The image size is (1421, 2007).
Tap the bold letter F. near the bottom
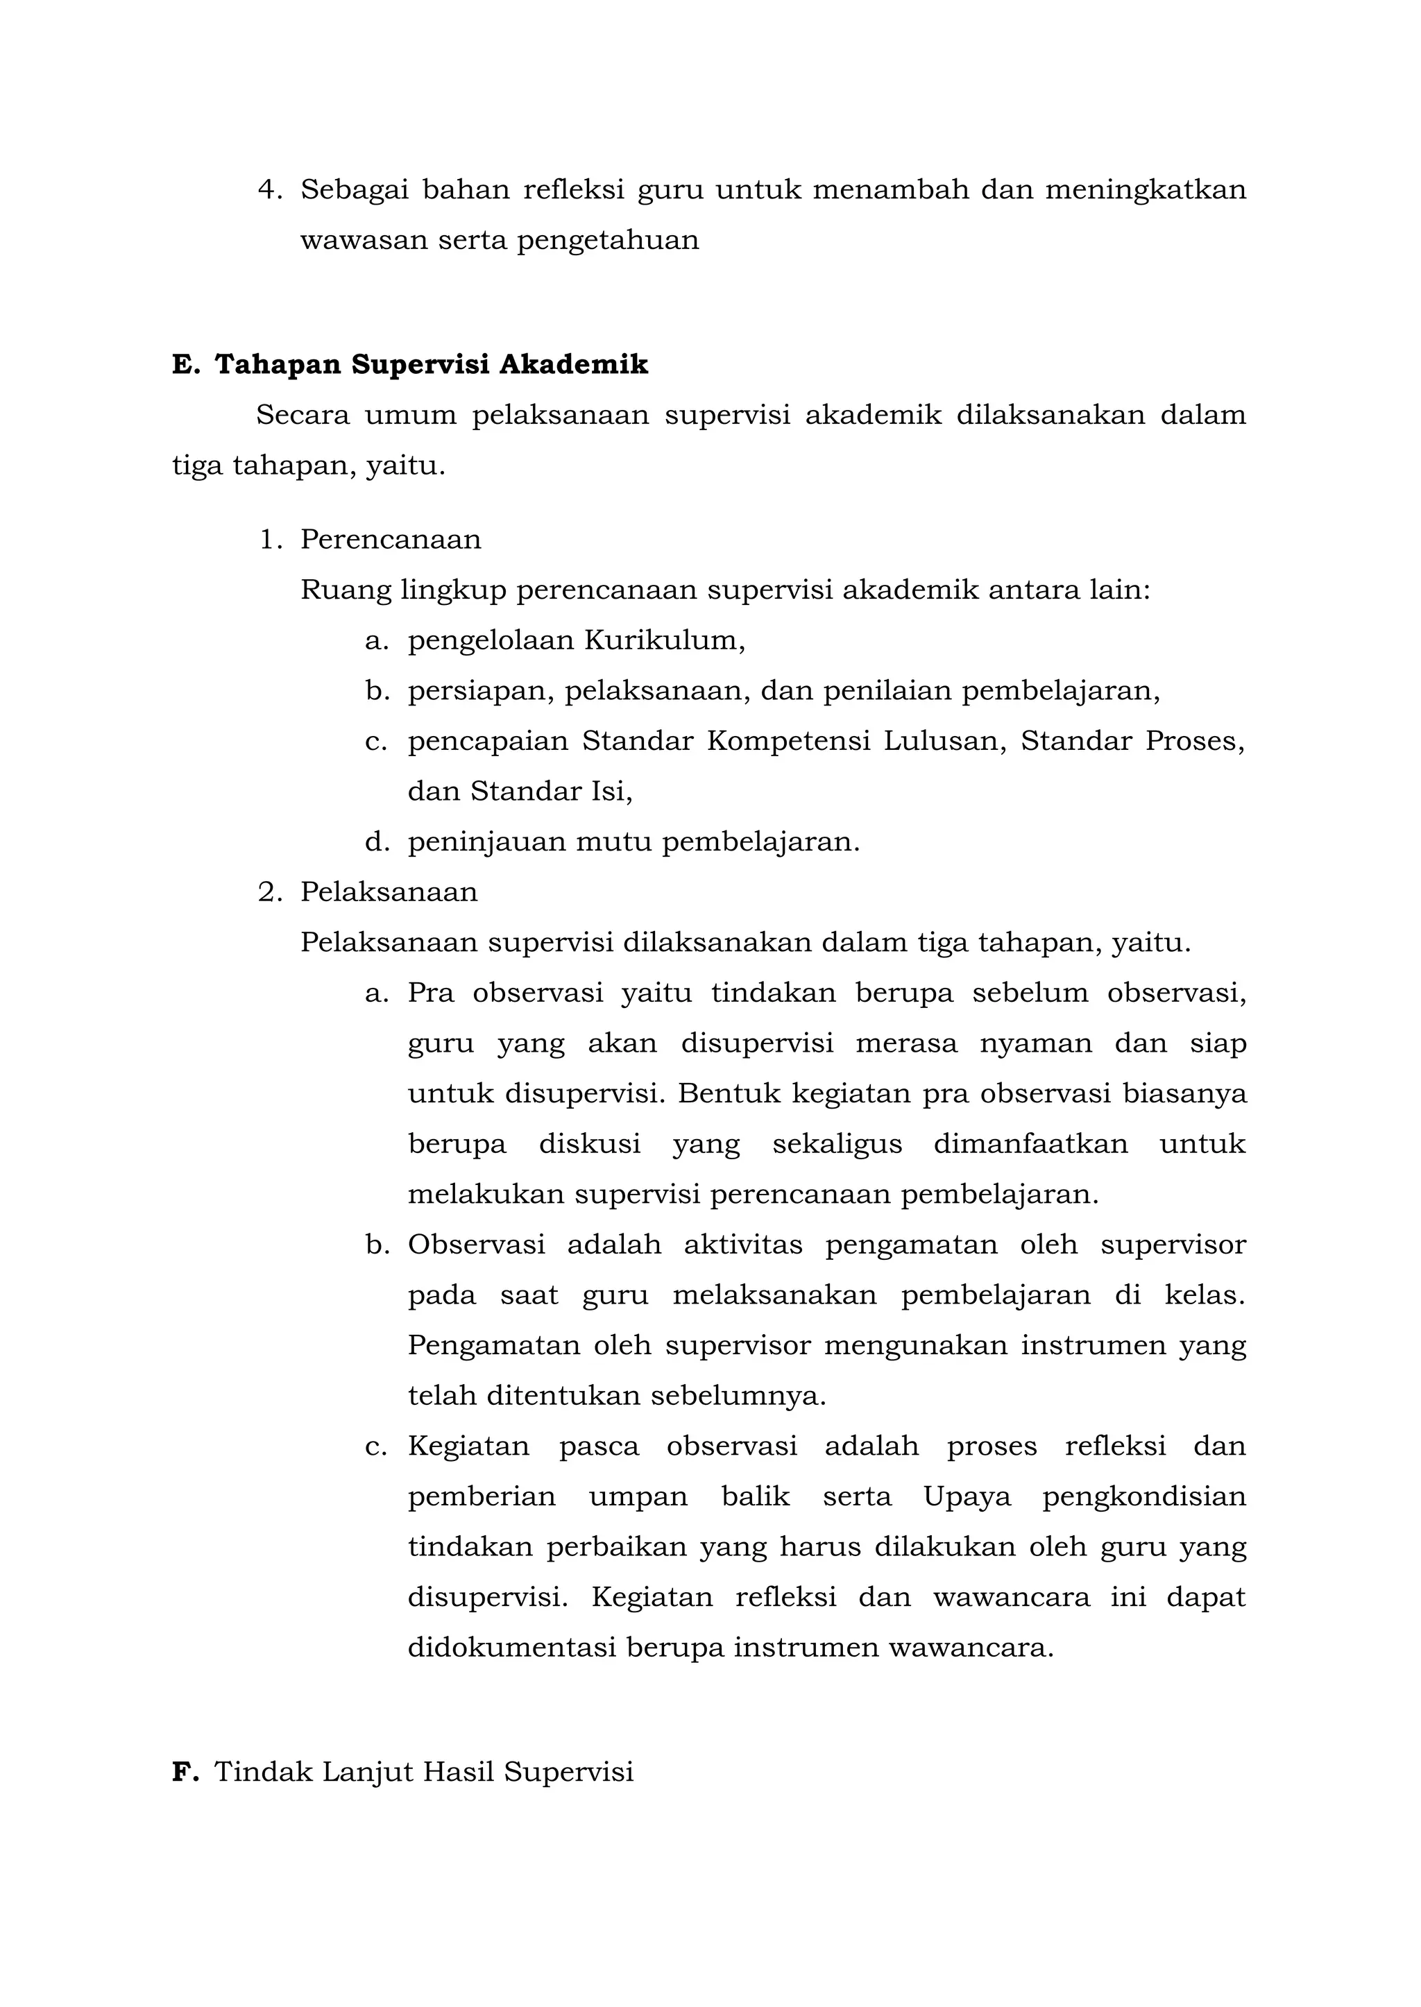click(x=185, y=1772)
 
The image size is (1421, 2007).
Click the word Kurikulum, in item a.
click(x=664, y=640)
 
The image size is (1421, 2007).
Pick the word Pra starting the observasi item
click(x=430, y=994)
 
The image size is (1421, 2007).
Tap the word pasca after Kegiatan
click(x=599, y=1446)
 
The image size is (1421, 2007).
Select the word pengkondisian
click(x=1143, y=1498)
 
